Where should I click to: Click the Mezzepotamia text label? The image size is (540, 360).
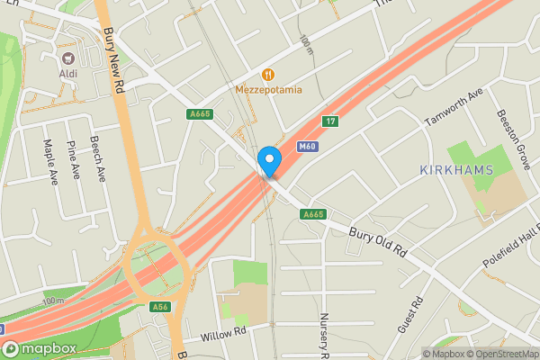point(268,90)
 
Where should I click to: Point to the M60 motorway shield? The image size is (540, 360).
point(307,146)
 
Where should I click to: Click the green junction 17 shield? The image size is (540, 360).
point(331,122)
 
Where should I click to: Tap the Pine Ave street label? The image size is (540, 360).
point(75,159)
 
